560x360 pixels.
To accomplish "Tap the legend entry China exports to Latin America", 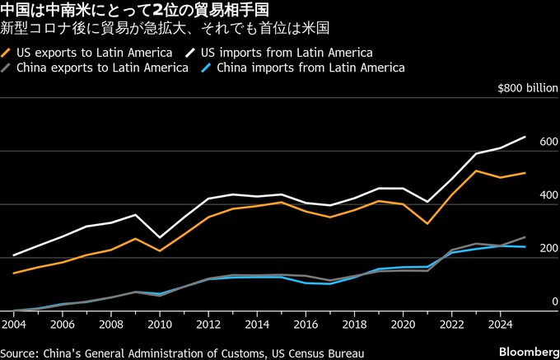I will (x=102, y=68).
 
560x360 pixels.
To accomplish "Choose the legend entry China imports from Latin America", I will (x=311, y=68).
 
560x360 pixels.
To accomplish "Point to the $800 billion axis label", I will (x=524, y=89).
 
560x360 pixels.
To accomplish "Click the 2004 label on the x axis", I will (x=15, y=325).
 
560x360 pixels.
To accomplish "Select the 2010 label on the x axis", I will (x=160, y=325).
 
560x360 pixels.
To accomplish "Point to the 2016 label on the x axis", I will (x=306, y=325).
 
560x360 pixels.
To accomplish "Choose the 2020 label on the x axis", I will (x=403, y=325).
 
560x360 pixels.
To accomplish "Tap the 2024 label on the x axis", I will (x=500, y=325).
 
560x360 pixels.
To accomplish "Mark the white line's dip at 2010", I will (x=161, y=237).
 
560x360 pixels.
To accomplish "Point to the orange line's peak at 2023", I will (x=476, y=171).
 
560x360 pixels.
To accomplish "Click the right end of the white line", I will (x=525, y=137).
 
